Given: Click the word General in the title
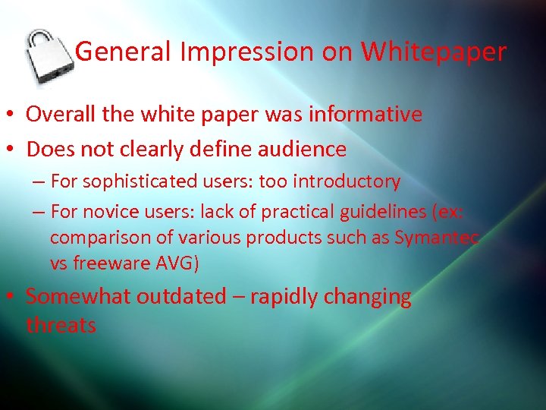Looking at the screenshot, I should click(x=125, y=52).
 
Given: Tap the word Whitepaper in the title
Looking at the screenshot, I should click(x=433, y=52).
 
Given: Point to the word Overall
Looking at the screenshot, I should click(x=62, y=115).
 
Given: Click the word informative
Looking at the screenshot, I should click(x=363, y=115).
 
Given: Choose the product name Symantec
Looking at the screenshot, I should click(x=436, y=238).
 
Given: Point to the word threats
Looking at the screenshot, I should click(x=61, y=326).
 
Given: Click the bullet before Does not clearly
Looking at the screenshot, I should click(x=12, y=150).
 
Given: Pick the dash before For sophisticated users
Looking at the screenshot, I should click(x=38, y=182).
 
